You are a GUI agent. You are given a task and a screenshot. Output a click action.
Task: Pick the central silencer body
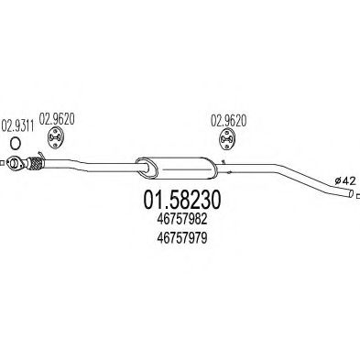tap(174, 167)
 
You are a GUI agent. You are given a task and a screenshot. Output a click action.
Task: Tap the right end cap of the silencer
tap(210, 169)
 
